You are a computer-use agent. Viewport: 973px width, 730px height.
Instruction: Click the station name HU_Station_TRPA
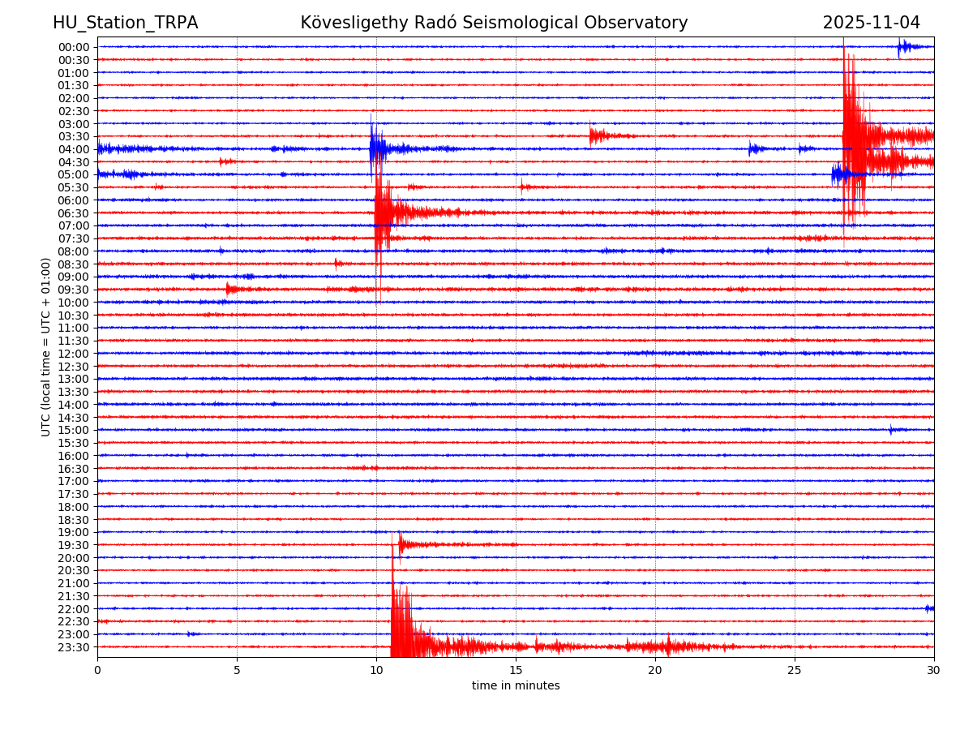(125, 24)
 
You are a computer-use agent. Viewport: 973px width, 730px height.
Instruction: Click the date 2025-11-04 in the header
(871, 24)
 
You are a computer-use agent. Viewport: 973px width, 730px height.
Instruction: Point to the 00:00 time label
(74, 47)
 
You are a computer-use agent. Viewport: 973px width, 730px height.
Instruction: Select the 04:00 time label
(74, 149)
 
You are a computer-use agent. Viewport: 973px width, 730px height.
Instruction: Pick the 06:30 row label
(74, 213)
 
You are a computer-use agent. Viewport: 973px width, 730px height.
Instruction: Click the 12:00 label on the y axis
(74, 354)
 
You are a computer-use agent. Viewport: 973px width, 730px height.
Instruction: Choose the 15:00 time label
(74, 430)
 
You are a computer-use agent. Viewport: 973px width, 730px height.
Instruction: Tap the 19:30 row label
(74, 545)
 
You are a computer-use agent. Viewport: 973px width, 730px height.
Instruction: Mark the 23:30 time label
(74, 647)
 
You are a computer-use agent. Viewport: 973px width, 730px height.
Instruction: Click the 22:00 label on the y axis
(74, 609)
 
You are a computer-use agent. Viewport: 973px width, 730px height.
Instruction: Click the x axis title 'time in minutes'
(516, 686)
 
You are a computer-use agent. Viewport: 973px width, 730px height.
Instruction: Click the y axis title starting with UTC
(47, 346)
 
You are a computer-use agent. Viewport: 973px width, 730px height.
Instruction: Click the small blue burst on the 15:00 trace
(891, 430)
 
